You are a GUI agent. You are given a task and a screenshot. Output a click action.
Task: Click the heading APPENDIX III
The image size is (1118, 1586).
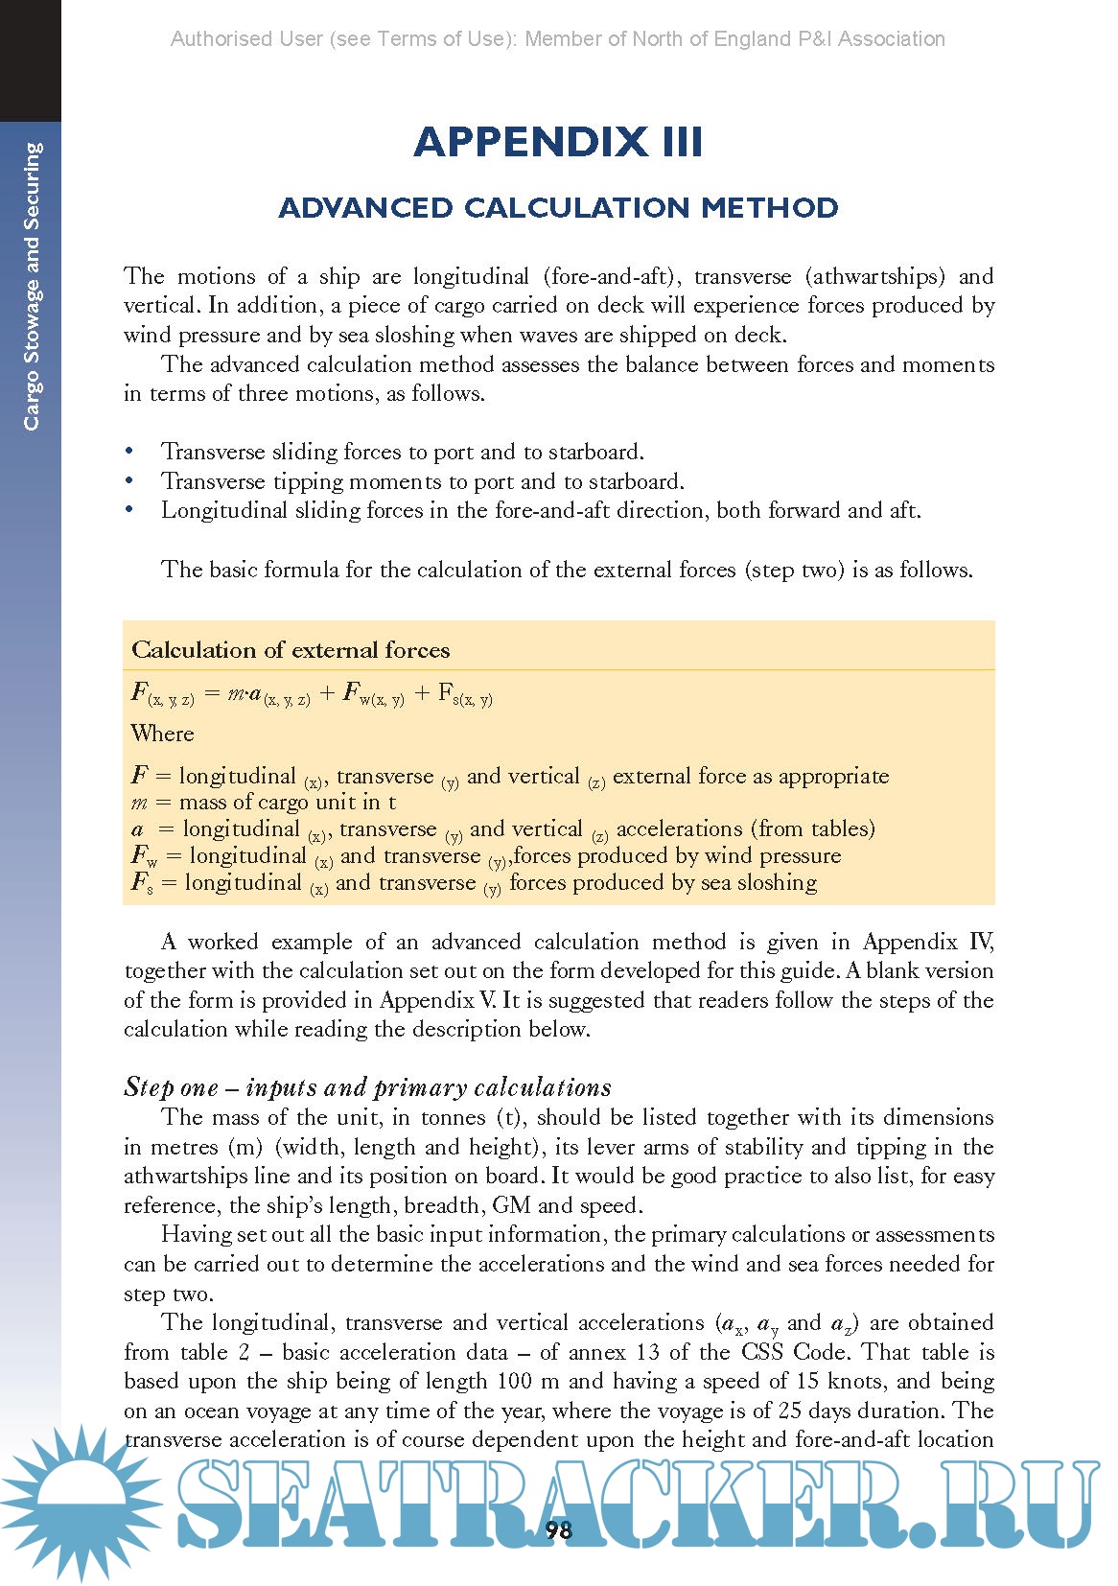click(x=558, y=142)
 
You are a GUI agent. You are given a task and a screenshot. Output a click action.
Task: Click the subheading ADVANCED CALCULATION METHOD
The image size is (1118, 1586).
click(x=558, y=207)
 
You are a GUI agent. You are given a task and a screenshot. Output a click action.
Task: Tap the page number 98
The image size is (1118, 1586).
click(x=558, y=1529)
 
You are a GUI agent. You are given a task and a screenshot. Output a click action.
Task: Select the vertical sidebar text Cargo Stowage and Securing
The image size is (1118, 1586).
click(x=33, y=286)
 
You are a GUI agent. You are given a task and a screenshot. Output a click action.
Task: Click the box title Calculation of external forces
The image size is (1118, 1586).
click(x=291, y=650)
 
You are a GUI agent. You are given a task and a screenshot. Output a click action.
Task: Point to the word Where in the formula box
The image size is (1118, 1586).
click(x=162, y=734)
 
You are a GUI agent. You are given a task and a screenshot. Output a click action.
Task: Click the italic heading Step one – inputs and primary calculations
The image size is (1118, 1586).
click(x=367, y=1086)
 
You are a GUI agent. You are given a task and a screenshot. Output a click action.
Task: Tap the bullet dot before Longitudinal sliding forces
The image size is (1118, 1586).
click(x=129, y=510)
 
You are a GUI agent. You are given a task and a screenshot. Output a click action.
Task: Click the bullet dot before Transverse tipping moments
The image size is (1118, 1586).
click(x=129, y=481)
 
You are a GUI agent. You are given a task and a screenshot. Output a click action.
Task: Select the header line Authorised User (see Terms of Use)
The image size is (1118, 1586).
click(x=558, y=39)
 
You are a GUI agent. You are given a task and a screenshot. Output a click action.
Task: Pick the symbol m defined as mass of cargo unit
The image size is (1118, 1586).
click(x=139, y=803)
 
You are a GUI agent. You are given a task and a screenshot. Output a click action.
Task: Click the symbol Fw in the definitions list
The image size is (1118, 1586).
click(x=144, y=855)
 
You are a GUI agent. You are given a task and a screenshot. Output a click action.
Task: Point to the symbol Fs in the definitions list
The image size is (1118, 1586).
click(x=142, y=882)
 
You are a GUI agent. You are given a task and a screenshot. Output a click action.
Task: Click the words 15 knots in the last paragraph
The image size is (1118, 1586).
click(x=841, y=1381)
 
